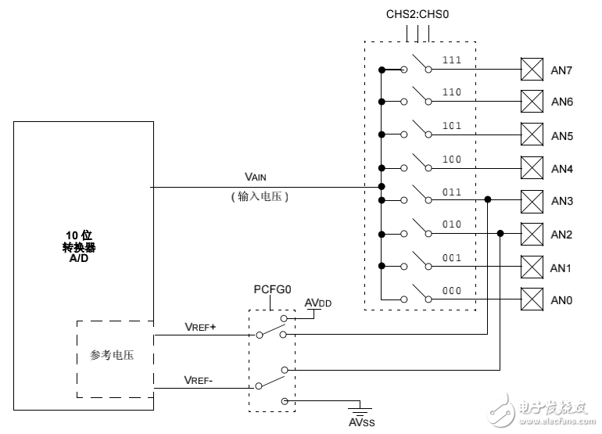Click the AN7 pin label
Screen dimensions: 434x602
tap(562, 70)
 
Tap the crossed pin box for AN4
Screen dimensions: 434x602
tap(532, 168)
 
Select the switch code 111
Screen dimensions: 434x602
tap(452, 60)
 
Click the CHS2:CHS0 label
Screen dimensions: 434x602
tap(417, 14)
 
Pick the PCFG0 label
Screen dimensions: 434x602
tap(272, 289)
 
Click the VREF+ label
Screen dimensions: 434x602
tap(200, 326)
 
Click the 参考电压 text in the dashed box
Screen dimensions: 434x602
tap(112, 356)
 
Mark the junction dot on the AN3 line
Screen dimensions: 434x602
tap(488, 200)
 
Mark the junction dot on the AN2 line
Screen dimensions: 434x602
tap(501, 233)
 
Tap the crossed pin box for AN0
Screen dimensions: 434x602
tap(532, 299)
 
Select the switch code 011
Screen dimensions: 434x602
tap(452, 191)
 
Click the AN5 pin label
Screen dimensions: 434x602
tap(562, 136)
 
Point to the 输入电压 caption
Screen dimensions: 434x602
tap(261, 198)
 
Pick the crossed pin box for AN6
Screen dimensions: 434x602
tap(532, 102)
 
